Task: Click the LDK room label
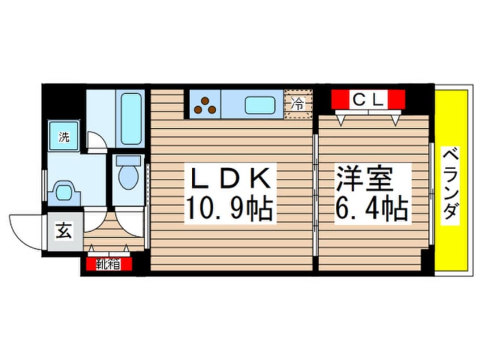pyautogui.click(x=230, y=178)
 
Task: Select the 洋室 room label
pyautogui.click(x=364, y=179)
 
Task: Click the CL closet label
pyautogui.click(x=368, y=99)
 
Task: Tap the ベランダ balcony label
pyautogui.click(x=450, y=183)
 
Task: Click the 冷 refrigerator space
pyautogui.click(x=298, y=104)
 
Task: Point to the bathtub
pyautogui.click(x=131, y=119)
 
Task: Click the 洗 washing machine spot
pyautogui.click(x=64, y=135)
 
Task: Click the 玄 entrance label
pyautogui.click(x=64, y=231)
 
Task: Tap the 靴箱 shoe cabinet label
pyautogui.click(x=108, y=264)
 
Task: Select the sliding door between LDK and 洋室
pyautogui.click(x=315, y=195)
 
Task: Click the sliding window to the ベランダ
pyautogui.click(x=432, y=194)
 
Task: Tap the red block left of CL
pyautogui.click(x=340, y=99)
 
